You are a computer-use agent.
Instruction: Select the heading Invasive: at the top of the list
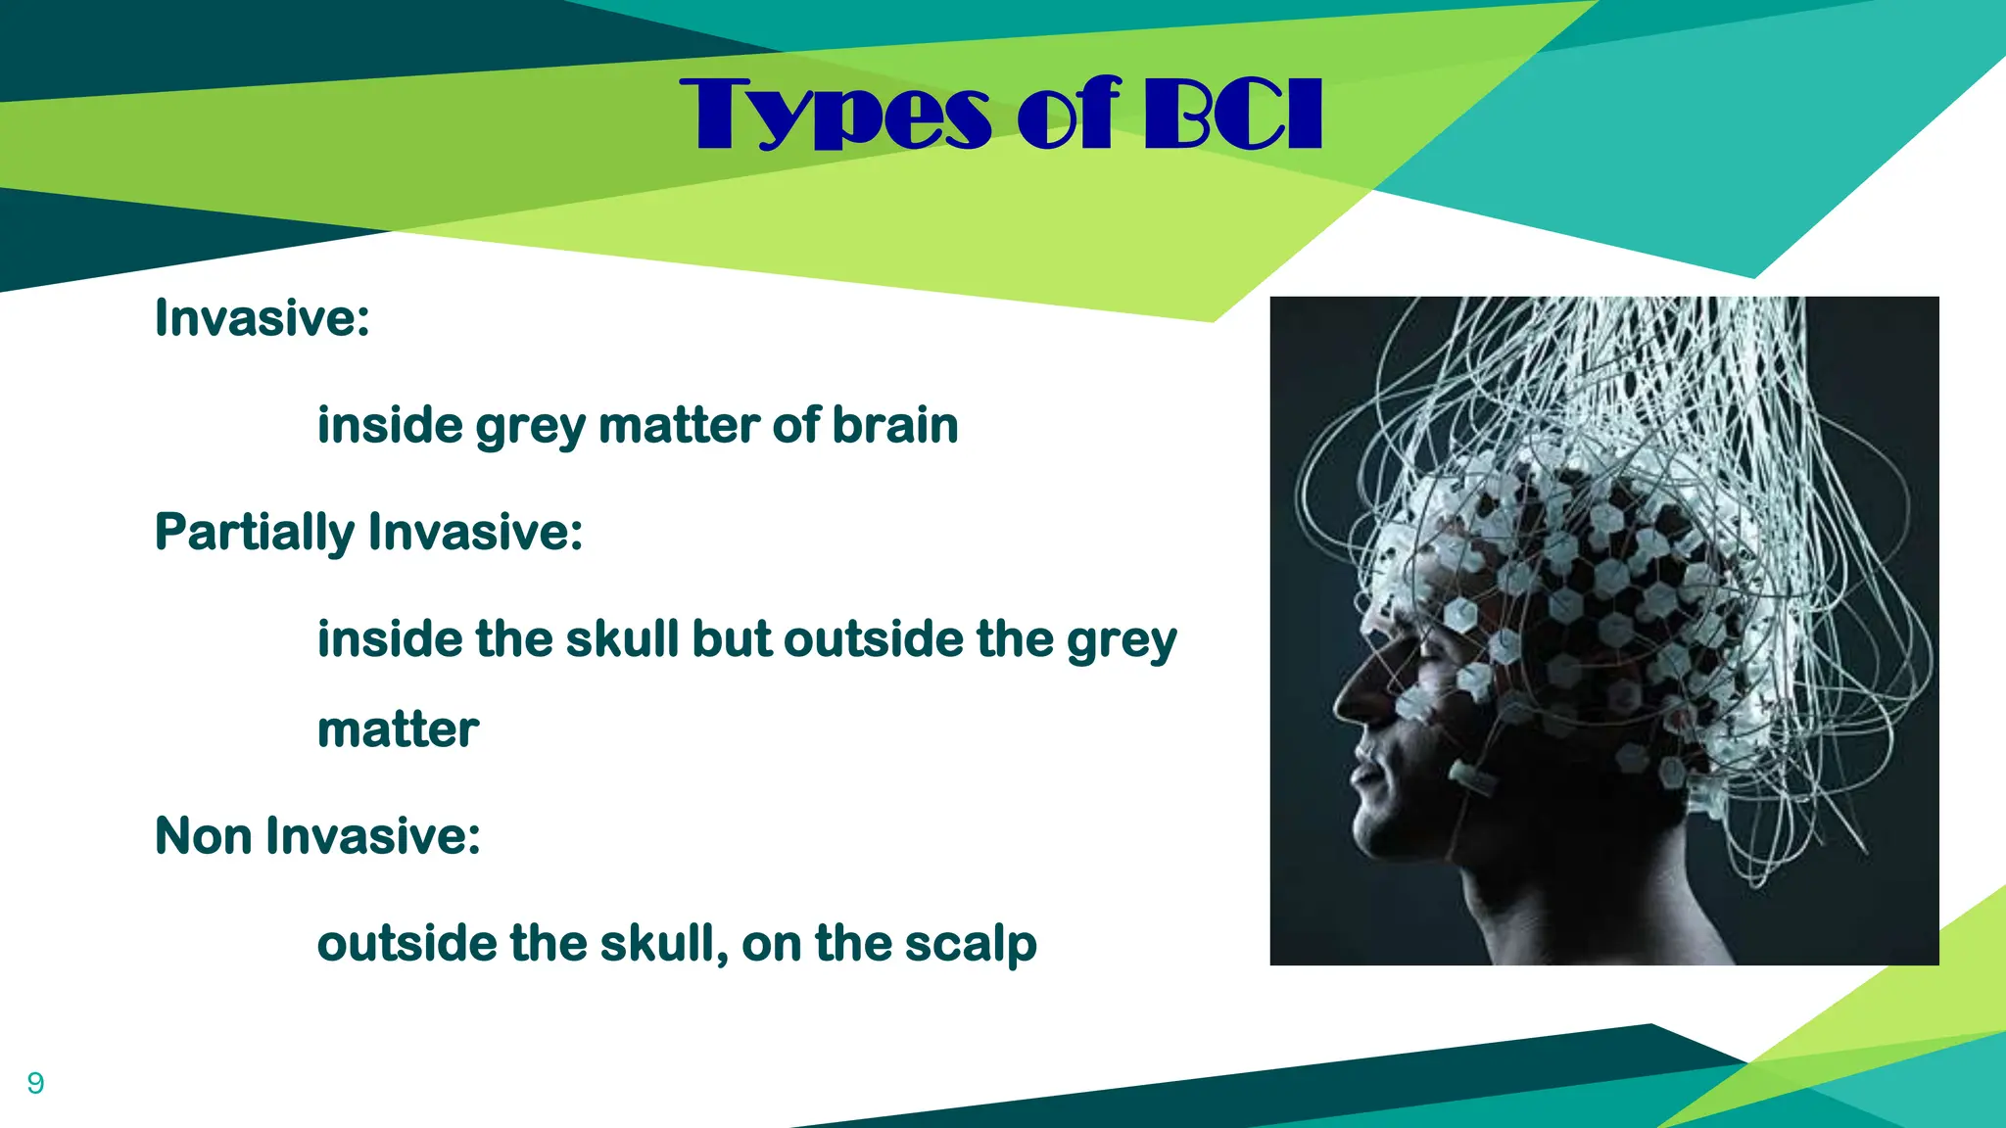pyautogui.click(x=263, y=318)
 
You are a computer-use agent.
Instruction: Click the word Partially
pyautogui.click(x=254, y=534)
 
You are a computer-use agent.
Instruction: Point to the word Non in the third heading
pyautogui.click(x=203, y=836)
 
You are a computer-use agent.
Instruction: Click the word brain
pyautogui.click(x=895, y=426)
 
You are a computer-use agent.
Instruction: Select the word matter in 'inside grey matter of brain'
pyautogui.click(x=678, y=426)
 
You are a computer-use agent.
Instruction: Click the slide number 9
pyautogui.click(x=35, y=1083)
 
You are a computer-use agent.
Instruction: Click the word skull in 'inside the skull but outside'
pyautogui.click(x=622, y=640)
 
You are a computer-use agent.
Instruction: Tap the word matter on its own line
pyautogui.click(x=398, y=730)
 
